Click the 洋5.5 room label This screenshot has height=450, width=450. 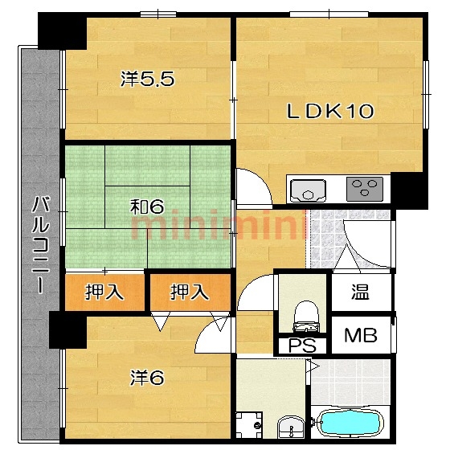(x=147, y=79)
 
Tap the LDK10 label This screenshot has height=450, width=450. (x=330, y=111)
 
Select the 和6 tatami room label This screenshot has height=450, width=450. (x=147, y=207)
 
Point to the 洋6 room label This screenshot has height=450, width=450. (x=147, y=378)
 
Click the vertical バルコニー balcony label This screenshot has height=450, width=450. (x=40, y=244)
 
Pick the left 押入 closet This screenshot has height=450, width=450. (x=104, y=292)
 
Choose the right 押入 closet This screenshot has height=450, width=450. (x=190, y=292)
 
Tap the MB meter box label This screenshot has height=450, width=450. (x=361, y=335)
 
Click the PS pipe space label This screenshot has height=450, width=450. (x=302, y=346)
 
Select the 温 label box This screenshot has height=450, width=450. (x=362, y=292)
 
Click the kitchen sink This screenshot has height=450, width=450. (x=308, y=190)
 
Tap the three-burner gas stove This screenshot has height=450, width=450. (x=365, y=189)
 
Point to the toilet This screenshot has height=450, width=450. (x=306, y=317)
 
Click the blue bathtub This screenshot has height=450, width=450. (x=350, y=423)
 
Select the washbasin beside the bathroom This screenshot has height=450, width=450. (x=292, y=427)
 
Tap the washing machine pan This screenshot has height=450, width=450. (x=249, y=425)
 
